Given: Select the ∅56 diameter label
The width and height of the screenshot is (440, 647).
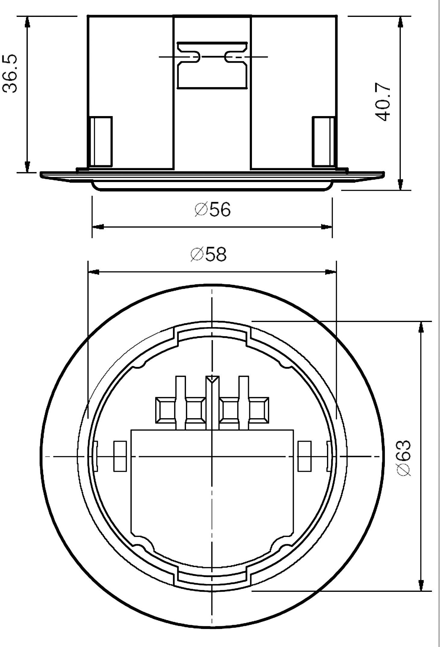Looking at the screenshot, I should [212, 209].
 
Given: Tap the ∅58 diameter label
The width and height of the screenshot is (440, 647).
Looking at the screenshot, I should [208, 254].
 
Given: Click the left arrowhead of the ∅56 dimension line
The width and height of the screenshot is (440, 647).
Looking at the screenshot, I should [98, 226].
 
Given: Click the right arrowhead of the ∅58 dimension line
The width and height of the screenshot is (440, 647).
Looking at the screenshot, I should [330, 272].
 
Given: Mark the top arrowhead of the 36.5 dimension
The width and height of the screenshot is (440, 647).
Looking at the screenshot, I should [27, 22].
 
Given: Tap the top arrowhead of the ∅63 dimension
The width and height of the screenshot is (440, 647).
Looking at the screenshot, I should [421, 327].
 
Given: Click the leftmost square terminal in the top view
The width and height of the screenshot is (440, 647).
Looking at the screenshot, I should [165, 410].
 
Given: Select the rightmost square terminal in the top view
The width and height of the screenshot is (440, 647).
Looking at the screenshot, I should [258, 410].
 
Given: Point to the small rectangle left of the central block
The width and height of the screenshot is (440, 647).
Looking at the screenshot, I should [120, 456].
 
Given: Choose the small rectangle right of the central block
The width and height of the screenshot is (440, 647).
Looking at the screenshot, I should [304, 456].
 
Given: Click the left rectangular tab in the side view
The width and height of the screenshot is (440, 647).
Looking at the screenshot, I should [101, 141].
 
